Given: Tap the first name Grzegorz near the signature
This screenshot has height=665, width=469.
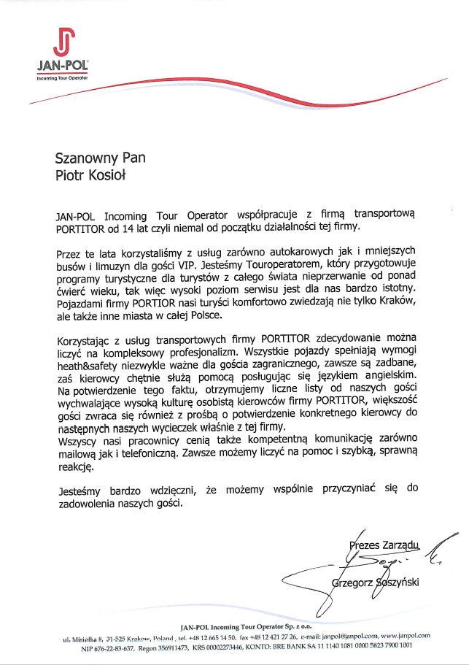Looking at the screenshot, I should click(355, 582).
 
